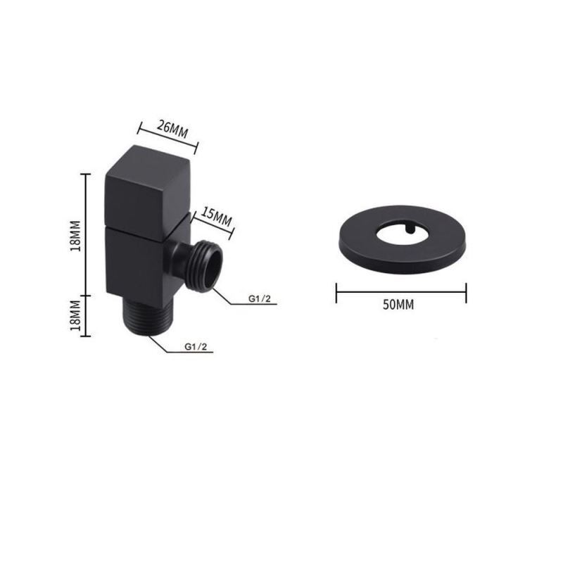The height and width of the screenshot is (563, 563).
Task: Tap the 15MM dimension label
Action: [216, 216]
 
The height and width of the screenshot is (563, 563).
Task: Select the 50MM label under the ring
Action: [398, 305]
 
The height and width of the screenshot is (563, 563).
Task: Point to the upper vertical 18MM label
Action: [76, 236]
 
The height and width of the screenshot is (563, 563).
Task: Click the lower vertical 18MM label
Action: [75, 316]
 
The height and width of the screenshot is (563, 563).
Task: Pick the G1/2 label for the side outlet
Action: [260, 298]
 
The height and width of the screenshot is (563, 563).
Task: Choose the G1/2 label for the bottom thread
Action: [196, 346]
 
